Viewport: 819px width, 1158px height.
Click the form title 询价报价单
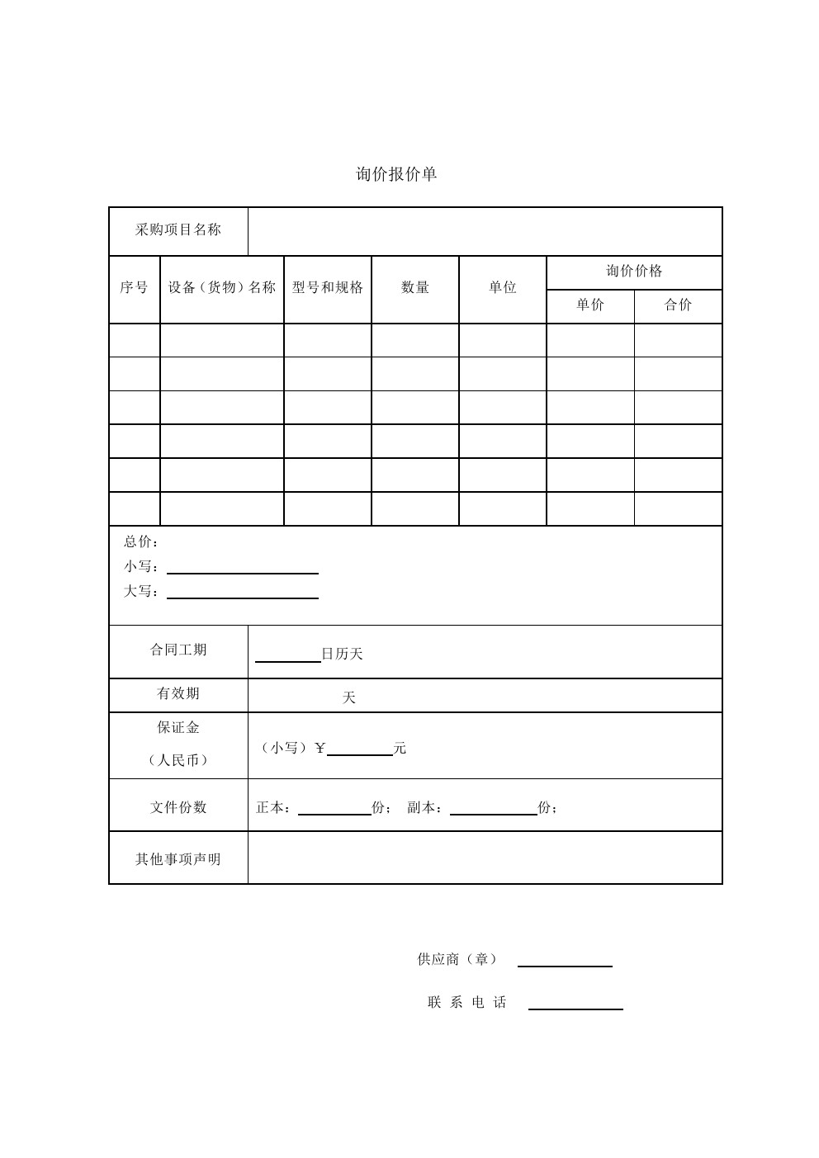click(396, 174)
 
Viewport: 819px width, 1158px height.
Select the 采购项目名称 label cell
click(178, 230)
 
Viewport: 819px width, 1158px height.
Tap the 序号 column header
click(134, 287)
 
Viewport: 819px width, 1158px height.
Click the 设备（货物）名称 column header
click(221, 287)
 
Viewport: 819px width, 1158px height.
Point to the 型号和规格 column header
click(328, 287)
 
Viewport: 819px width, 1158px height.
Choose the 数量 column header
click(415, 287)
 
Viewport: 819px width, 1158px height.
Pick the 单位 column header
click(503, 287)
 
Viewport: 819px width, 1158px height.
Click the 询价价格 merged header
click(634, 272)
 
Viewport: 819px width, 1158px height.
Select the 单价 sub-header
click(590, 305)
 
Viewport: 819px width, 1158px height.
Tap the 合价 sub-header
click(678, 305)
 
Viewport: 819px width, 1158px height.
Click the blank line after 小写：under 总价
click(243, 570)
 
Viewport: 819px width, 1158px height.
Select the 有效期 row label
click(178, 694)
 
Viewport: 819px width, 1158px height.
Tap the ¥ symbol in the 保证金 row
click(320, 749)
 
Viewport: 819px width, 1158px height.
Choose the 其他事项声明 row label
click(178, 859)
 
